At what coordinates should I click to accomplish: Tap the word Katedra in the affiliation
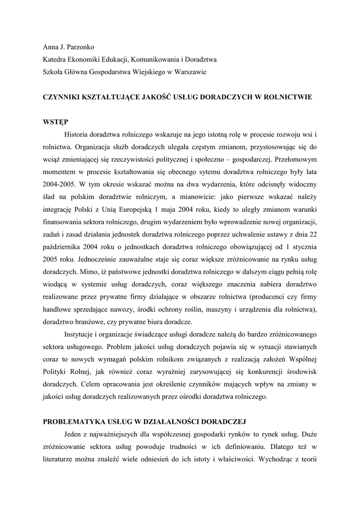coord(54,60)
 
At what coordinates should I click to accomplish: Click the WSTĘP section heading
coord(56,122)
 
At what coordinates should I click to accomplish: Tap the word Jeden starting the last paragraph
coord(75,434)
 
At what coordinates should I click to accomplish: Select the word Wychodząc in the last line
coord(279,458)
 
